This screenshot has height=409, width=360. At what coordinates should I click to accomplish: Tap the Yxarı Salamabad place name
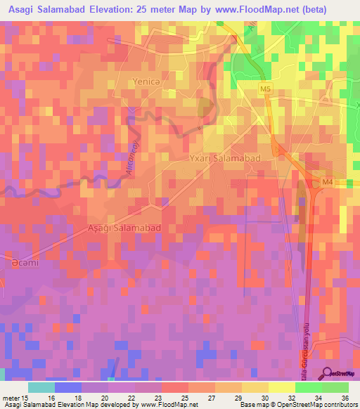pos(224,158)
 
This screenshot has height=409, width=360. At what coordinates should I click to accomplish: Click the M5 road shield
pos(264,89)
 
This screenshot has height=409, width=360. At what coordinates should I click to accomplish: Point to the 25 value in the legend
pos(183,397)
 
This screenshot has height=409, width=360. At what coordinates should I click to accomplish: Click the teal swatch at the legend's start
pos(41,387)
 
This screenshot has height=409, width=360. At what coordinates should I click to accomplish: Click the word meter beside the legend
pos(12,397)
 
